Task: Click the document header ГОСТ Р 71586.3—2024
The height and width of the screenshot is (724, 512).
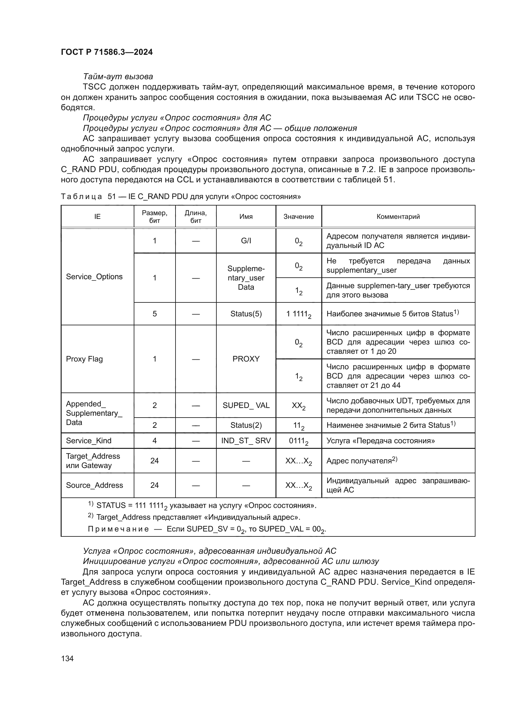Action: coord(106,52)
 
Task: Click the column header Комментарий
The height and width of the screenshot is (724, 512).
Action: coord(398,217)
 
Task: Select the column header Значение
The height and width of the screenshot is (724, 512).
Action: coord(298,217)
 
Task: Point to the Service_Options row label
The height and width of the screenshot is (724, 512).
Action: coord(94,276)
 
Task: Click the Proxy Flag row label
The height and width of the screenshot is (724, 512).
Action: coord(84,359)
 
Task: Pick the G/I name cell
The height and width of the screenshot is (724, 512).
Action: coord(245,241)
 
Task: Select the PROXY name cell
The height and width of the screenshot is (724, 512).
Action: coord(245,359)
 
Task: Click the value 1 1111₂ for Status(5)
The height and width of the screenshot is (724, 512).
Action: coord(298,314)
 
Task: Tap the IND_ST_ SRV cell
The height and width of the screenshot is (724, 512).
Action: coord(245,440)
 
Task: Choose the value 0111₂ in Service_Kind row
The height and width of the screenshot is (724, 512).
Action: coord(298,441)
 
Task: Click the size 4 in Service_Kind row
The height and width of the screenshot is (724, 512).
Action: coord(154,440)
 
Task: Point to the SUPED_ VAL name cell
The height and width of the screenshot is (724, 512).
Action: coord(245,405)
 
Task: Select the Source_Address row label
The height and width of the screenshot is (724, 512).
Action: coord(94,485)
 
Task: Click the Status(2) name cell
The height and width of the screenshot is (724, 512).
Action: coord(245,425)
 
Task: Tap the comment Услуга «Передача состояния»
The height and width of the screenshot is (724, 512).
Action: coord(380,440)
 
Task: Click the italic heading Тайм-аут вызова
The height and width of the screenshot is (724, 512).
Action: coord(118,77)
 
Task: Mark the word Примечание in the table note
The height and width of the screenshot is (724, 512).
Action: coord(118,529)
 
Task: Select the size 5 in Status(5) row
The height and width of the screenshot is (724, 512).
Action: coord(154,314)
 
